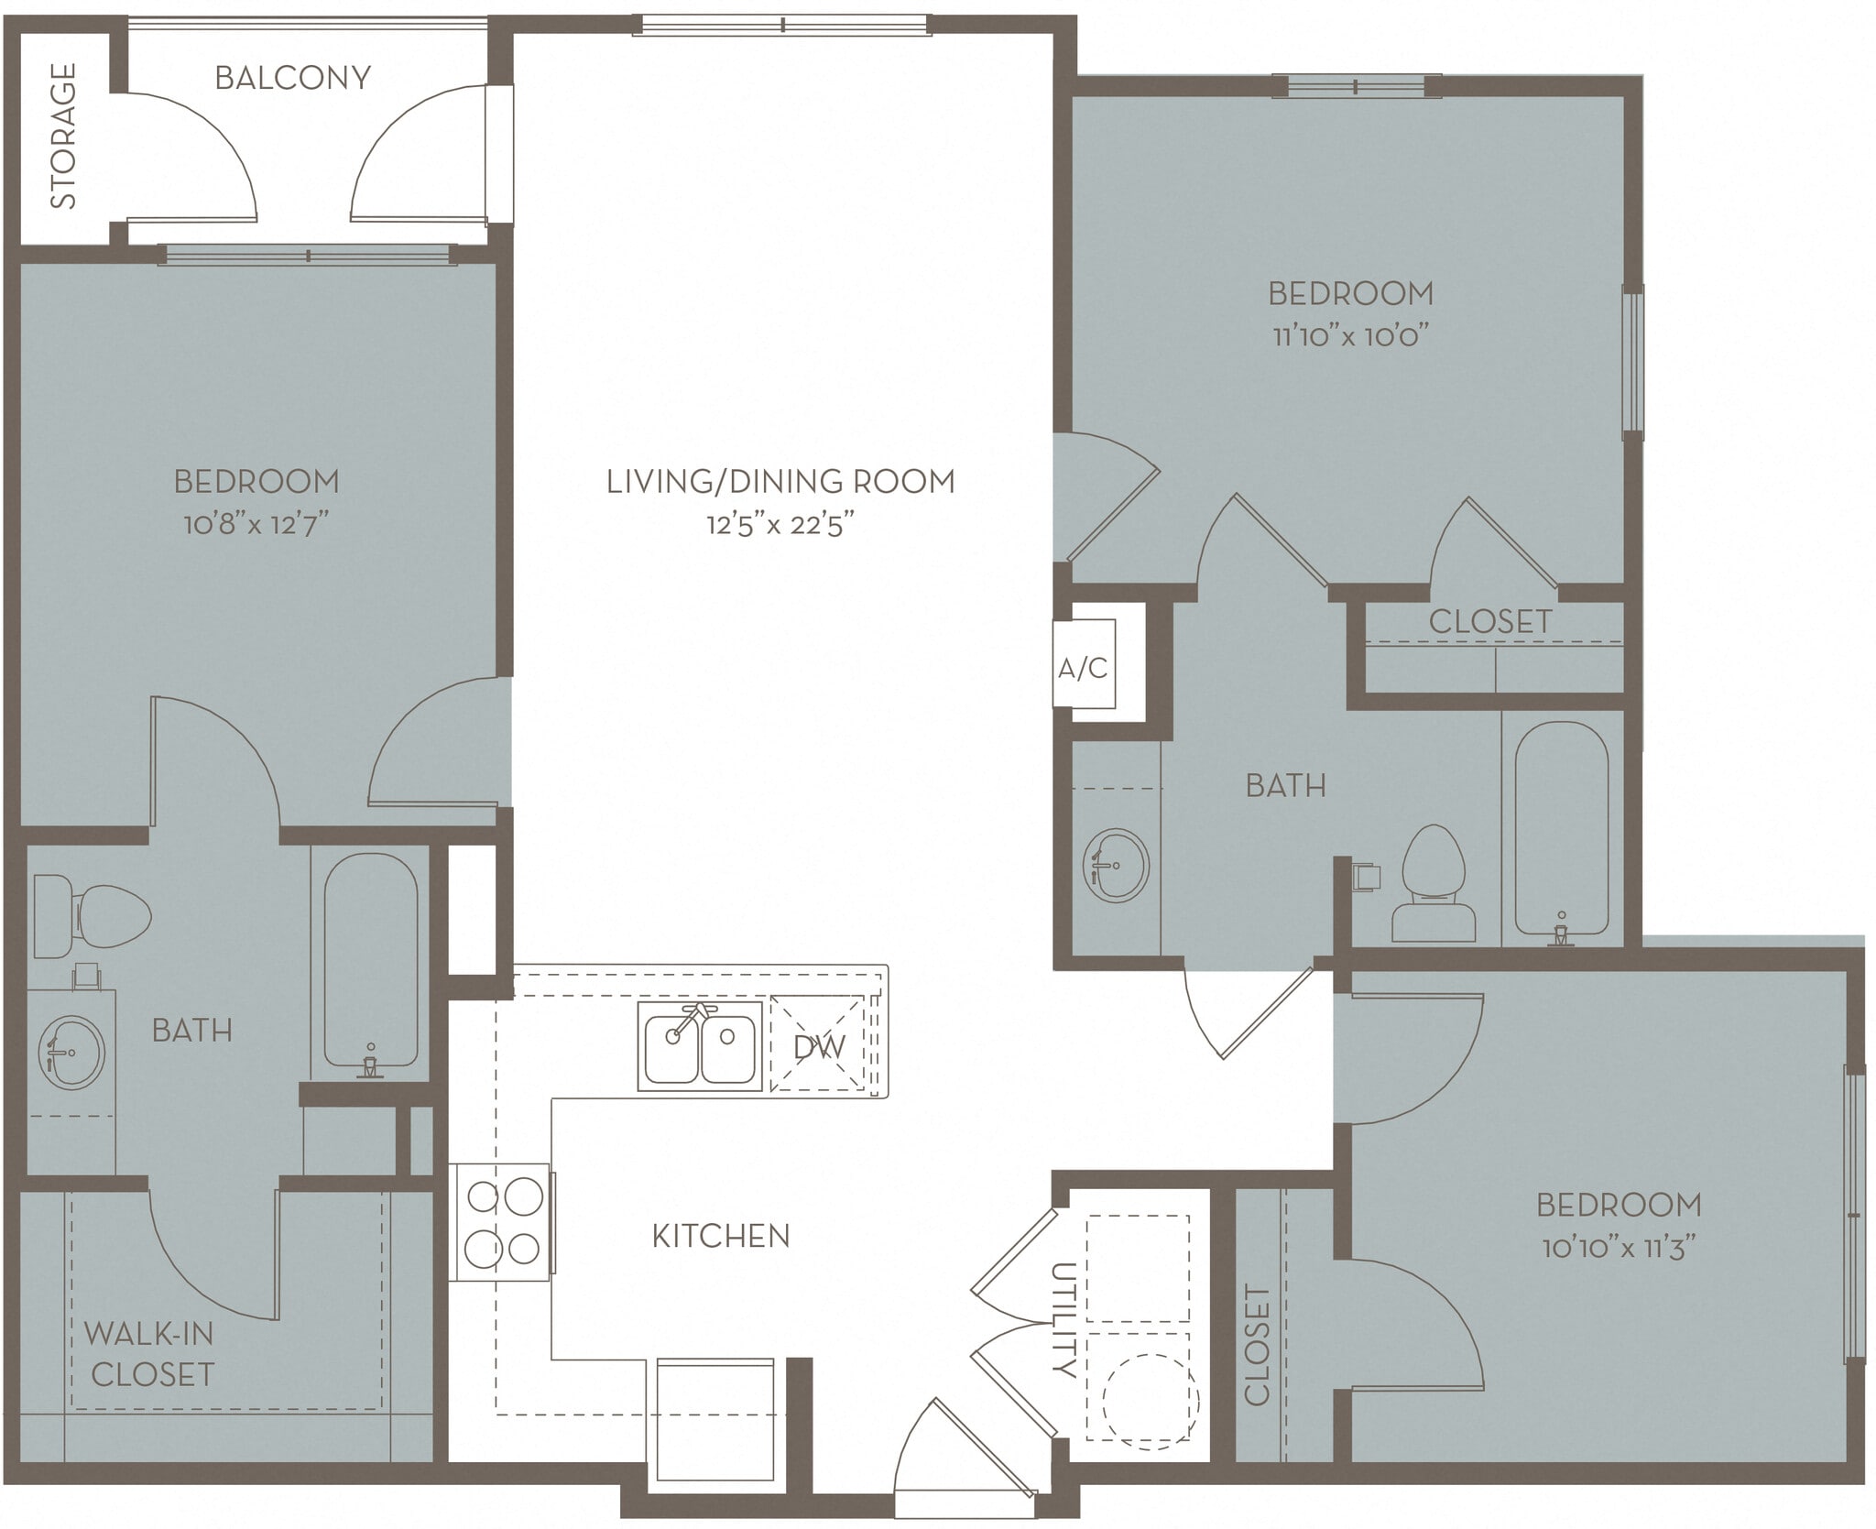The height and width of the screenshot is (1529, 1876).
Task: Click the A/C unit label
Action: coord(1083,669)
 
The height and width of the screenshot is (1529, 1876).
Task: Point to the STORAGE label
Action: coord(63,136)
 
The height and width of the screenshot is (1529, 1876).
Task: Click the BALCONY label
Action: coord(292,78)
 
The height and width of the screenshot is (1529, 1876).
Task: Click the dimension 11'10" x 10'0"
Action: coord(1350,336)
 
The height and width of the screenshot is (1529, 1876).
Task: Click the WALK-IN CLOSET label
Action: coord(149,1354)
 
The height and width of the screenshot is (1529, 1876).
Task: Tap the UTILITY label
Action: coord(1062,1320)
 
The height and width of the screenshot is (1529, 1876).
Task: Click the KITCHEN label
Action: coord(720,1236)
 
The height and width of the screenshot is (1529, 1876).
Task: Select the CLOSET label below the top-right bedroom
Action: coord(1489,622)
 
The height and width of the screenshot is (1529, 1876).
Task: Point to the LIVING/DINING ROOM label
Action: coord(780,481)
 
